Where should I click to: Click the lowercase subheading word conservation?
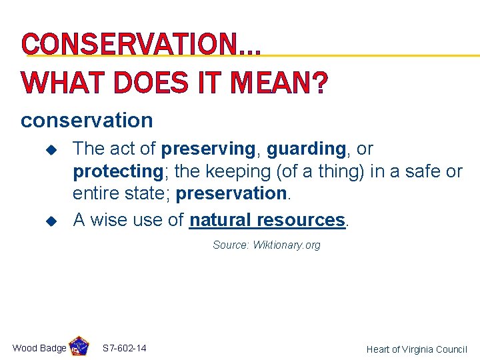click(x=87, y=121)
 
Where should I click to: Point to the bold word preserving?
click(x=208, y=149)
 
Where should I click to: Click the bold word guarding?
click(x=305, y=149)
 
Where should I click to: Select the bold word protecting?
click(x=118, y=171)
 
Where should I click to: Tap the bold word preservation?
click(x=231, y=194)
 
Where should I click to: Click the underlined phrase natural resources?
click(x=267, y=220)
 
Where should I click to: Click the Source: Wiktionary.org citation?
click(x=266, y=245)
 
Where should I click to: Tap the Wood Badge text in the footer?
click(x=39, y=348)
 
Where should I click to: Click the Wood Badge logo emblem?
click(x=79, y=347)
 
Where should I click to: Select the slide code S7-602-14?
click(x=125, y=348)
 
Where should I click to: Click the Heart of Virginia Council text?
click(x=417, y=349)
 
